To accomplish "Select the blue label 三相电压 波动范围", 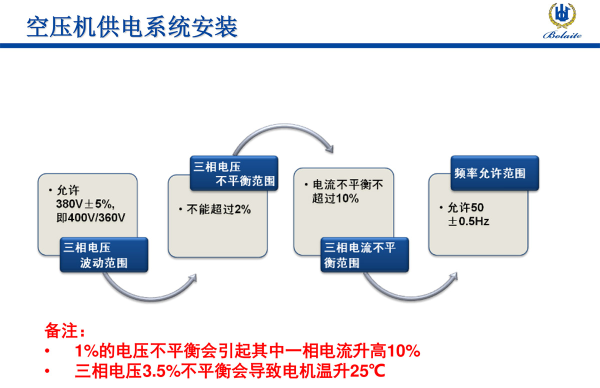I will click(103, 255).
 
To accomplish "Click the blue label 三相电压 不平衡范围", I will click(234, 173).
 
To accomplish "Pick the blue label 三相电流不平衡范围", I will click(364, 255).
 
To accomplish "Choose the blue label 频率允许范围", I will click(495, 173).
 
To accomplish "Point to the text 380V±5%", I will click(86, 204).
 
